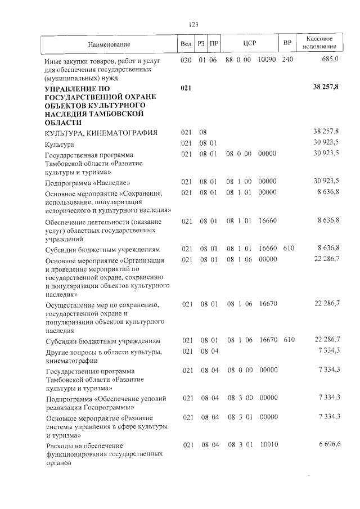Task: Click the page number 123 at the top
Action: (193, 24)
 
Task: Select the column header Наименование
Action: (109, 44)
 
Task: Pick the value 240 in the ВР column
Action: (287, 60)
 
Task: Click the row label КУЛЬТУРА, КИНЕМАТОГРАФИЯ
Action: (93, 133)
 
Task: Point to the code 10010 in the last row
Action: (268, 445)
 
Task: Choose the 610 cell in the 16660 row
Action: (289, 249)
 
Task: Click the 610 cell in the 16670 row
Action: (289, 341)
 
